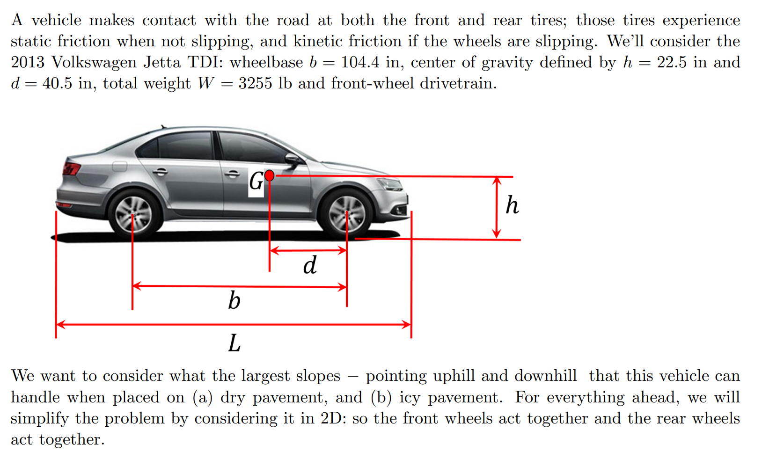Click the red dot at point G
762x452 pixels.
pos(269,175)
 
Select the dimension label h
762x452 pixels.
pos(512,205)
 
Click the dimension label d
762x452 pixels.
pos(310,265)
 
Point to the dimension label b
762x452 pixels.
pos(234,300)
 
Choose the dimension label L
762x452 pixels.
pos(234,343)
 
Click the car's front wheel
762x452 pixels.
pos(346,213)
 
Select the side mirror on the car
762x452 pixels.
pos(293,160)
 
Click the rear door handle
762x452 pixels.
pos(160,172)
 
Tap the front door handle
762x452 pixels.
pos(232,174)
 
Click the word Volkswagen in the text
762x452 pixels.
pos(94,62)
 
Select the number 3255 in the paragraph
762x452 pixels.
pos(255,83)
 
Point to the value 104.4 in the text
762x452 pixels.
pos(360,62)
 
